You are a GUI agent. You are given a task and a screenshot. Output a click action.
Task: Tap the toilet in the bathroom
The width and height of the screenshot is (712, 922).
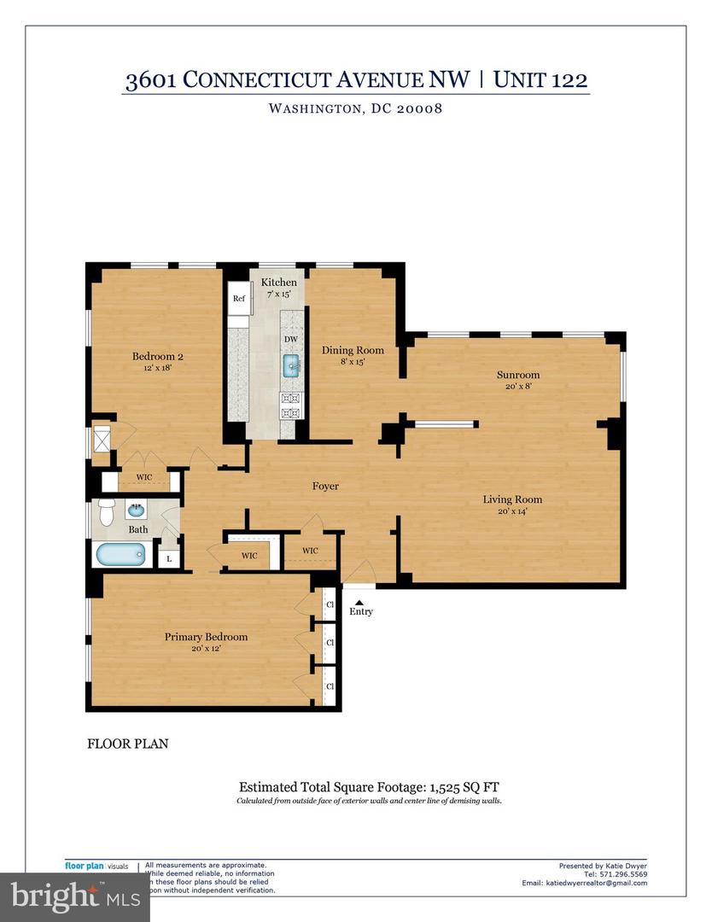point(107,512)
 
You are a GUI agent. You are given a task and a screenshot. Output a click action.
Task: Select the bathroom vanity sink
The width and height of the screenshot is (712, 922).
point(136,511)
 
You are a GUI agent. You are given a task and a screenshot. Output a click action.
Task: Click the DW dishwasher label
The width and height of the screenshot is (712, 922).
point(291,339)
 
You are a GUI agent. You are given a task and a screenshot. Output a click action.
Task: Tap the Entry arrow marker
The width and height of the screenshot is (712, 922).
point(359,601)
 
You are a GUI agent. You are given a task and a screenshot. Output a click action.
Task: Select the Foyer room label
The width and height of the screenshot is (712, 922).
point(324,487)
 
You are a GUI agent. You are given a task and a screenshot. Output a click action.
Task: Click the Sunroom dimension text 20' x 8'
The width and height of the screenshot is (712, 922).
point(519,387)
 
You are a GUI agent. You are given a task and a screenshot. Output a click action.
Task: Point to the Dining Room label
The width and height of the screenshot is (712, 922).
point(353,350)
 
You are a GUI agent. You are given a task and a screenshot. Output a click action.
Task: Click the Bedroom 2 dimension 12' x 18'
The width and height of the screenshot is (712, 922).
point(158,368)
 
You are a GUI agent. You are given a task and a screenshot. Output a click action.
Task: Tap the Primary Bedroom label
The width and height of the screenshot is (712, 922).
point(206,637)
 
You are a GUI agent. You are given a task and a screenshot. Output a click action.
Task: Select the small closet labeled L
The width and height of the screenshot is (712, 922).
point(170,558)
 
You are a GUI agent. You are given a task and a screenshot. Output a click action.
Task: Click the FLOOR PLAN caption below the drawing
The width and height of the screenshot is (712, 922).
point(127,744)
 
